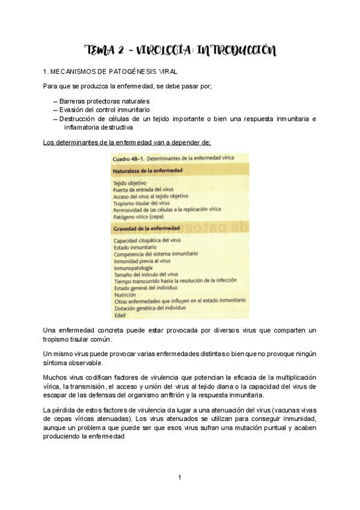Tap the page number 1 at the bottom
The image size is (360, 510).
(180, 478)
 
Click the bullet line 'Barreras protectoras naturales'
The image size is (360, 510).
(104, 101)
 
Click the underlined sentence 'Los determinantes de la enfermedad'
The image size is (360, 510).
(127, 143)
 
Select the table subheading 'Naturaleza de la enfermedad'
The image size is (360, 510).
(148, 170)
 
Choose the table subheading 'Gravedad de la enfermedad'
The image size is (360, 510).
(146, 229)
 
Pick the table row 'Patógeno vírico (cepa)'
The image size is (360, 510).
(142, 215)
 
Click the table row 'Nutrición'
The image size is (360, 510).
(125, 295)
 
